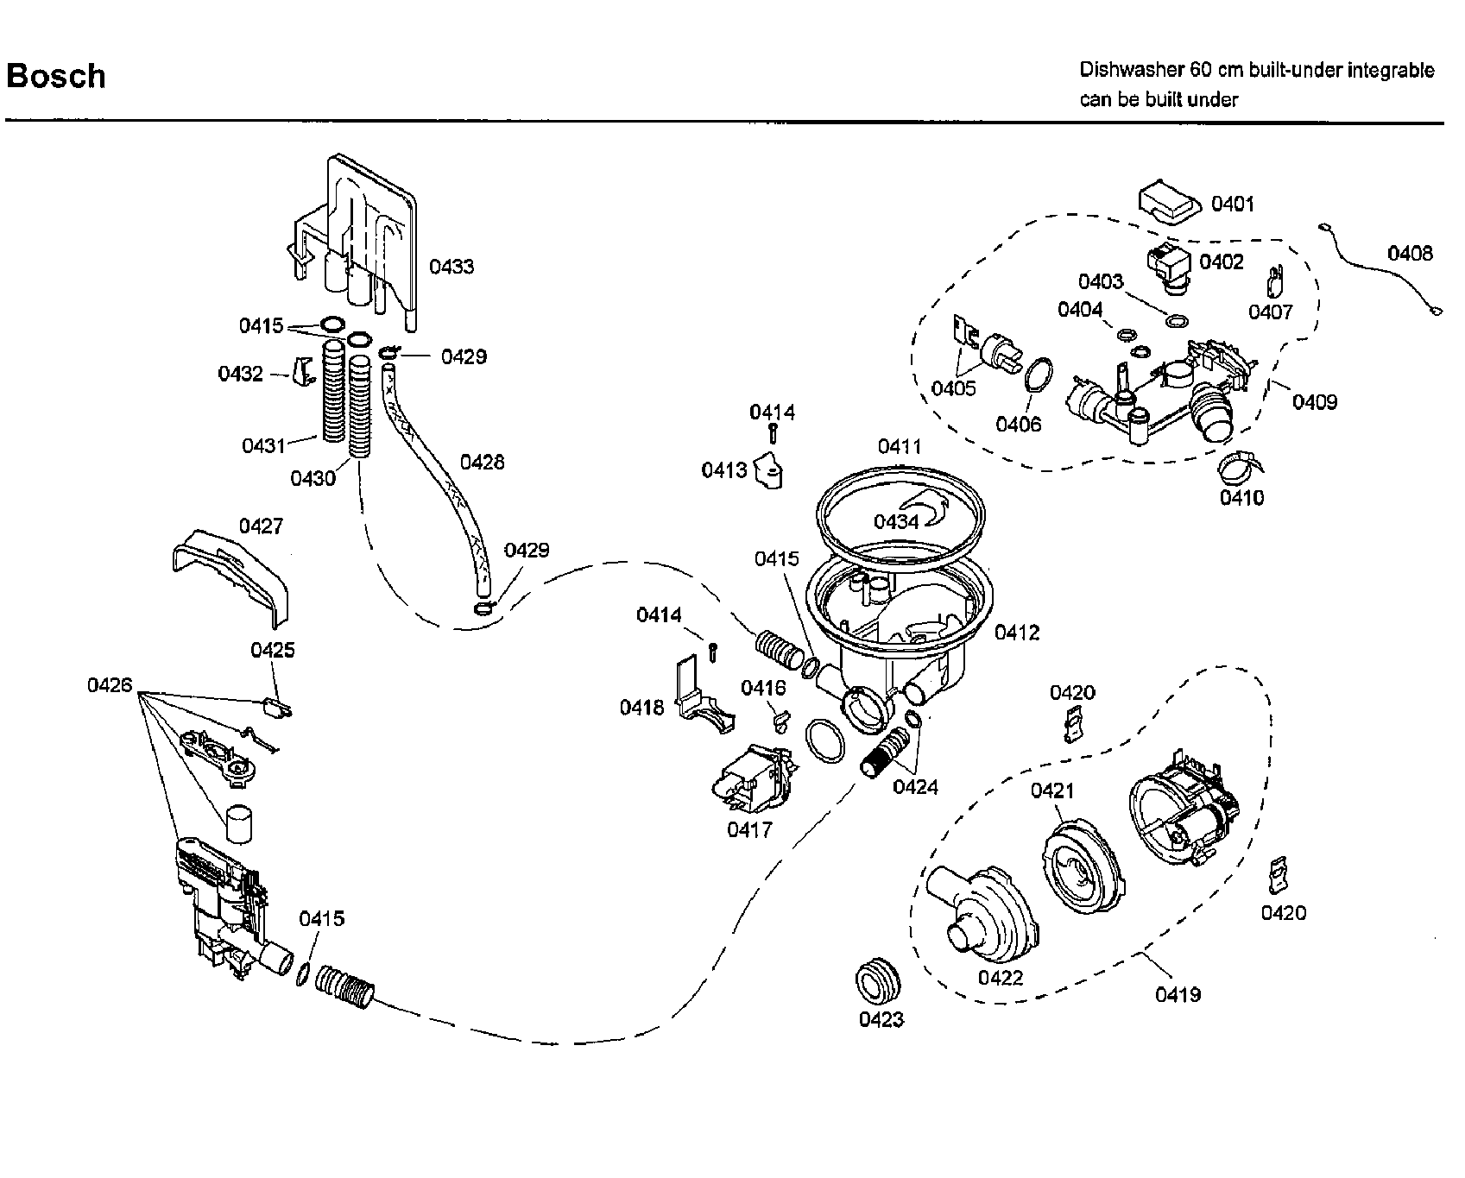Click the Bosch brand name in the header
[56, 76]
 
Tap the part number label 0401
[1232, 204]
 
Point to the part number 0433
[451, 267]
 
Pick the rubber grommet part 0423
[878, 980]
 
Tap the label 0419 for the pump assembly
[1178, 994]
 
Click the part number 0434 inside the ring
[896, 522]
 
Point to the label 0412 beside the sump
[1016, 633]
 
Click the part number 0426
[110, 685]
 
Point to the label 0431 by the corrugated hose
[263, 446]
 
